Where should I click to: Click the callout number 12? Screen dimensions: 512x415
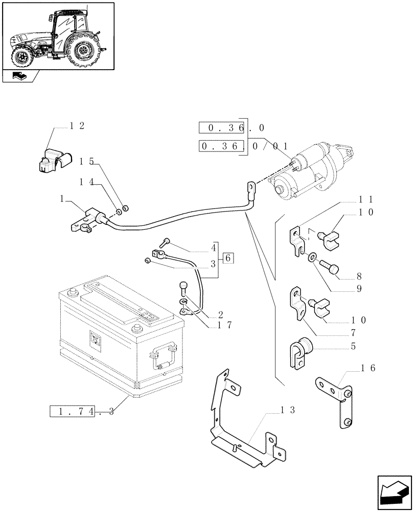click(77, 126)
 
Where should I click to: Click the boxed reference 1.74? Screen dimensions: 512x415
click(73, 411)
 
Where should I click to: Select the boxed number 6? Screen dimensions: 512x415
click(227, 258)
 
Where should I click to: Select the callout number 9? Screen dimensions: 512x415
click(359, 289)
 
